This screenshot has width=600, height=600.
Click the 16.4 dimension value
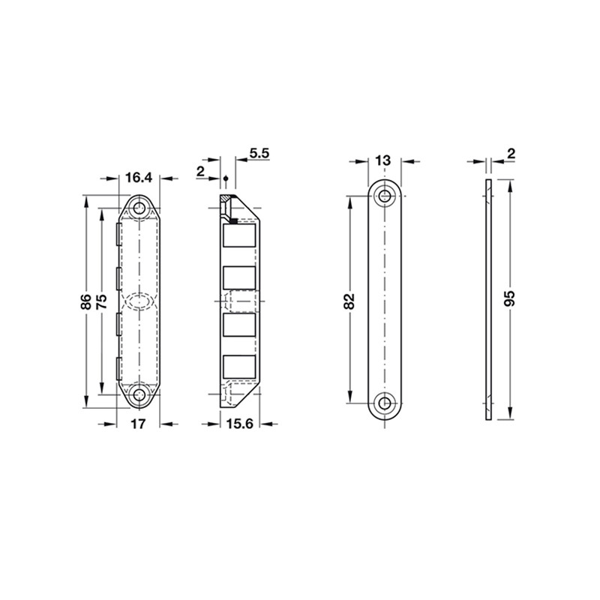(x=139, y=178)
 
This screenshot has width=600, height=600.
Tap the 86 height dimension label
(x=86, y=302)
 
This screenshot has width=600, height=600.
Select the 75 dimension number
(x=101, y=302)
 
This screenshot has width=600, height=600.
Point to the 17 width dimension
(x=139, y=424)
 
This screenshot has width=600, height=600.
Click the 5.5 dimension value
(x=259, y=153)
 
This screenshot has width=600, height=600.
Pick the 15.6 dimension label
(x=239, y=424)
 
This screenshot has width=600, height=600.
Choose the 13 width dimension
(x=383, y=160)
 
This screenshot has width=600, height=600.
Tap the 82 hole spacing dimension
(x=349, y=301)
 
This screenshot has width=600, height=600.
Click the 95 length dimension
(x=509, y=298)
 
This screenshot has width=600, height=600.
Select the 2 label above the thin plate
(x=511, y=154)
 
